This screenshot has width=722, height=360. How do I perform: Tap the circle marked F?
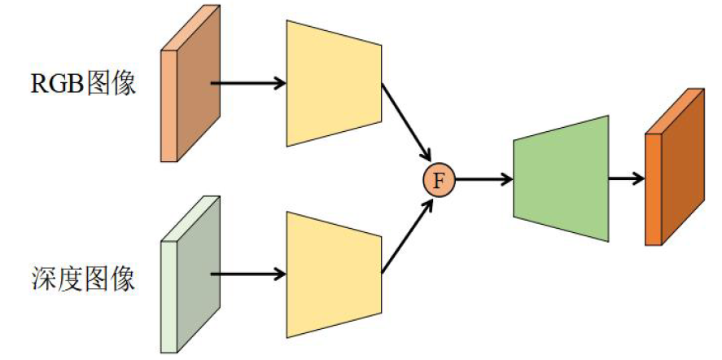click(x=440, y=179)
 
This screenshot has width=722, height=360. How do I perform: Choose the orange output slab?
click(x=674, y=167)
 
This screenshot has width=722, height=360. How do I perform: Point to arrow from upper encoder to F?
click(x=405, y=122)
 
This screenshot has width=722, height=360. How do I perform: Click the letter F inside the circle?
click(x=440, y=179)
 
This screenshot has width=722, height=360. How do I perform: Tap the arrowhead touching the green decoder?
click(x=506, y=179)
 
